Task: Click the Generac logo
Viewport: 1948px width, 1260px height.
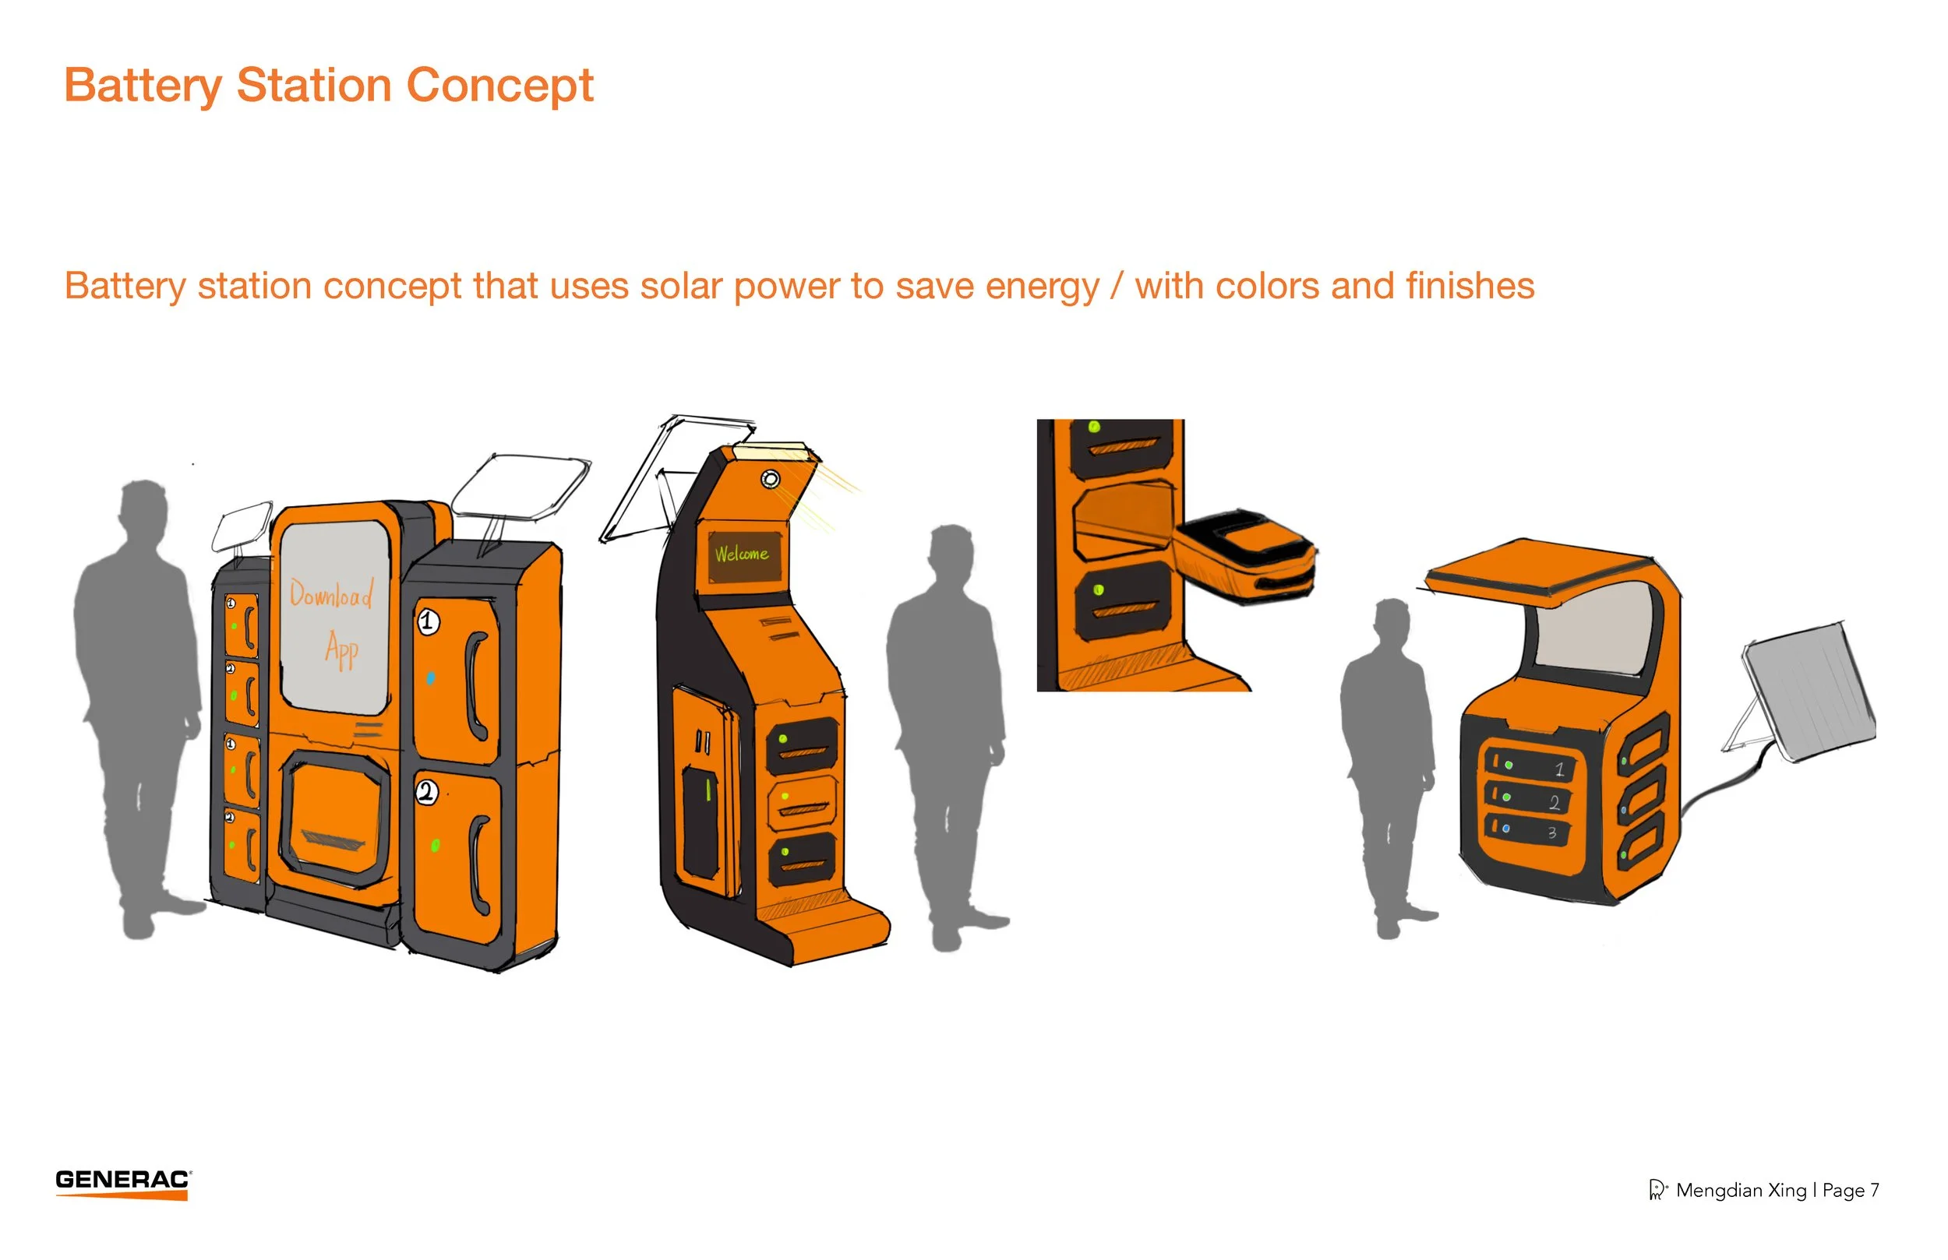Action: pos(123,1182)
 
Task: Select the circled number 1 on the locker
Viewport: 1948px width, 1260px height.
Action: pos(428,621)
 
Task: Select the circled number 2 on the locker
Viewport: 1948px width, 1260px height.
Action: pos(426,791)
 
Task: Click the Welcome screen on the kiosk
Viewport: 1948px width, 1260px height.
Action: pos(742,554)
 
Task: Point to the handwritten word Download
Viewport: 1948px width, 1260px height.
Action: pos(331,593)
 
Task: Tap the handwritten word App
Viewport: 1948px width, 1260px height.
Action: pos(341,650)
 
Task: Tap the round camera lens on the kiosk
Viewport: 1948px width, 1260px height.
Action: pos(770,479)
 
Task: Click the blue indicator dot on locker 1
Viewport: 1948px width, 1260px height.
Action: pos(431,678)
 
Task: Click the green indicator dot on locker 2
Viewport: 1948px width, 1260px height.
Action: pos(436,845)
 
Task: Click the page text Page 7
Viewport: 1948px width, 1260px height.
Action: pos(1851,1190)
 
